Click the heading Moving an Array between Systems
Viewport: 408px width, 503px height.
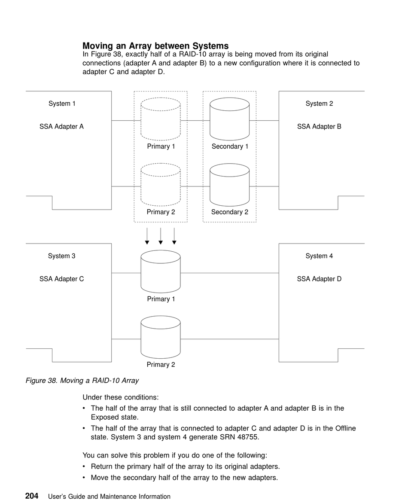(155, 46)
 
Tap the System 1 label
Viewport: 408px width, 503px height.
(62, 104)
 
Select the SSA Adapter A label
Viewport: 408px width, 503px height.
(61, 126)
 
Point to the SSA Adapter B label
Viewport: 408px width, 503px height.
(319, 126)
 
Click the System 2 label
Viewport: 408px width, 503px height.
(319, 104)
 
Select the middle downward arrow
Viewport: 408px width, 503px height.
(161, 236)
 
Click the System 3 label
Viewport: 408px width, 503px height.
(61, 256)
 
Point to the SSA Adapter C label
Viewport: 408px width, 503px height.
(61, 279)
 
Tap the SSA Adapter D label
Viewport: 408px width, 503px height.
(319, 279)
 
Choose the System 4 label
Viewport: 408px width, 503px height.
(319, 256)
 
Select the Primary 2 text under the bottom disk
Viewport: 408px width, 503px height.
(161, 365)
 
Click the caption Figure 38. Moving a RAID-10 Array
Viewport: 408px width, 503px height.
(82, 381)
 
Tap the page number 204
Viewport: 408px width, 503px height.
(32, 496)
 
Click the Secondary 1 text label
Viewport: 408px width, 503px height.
(230, 146)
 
